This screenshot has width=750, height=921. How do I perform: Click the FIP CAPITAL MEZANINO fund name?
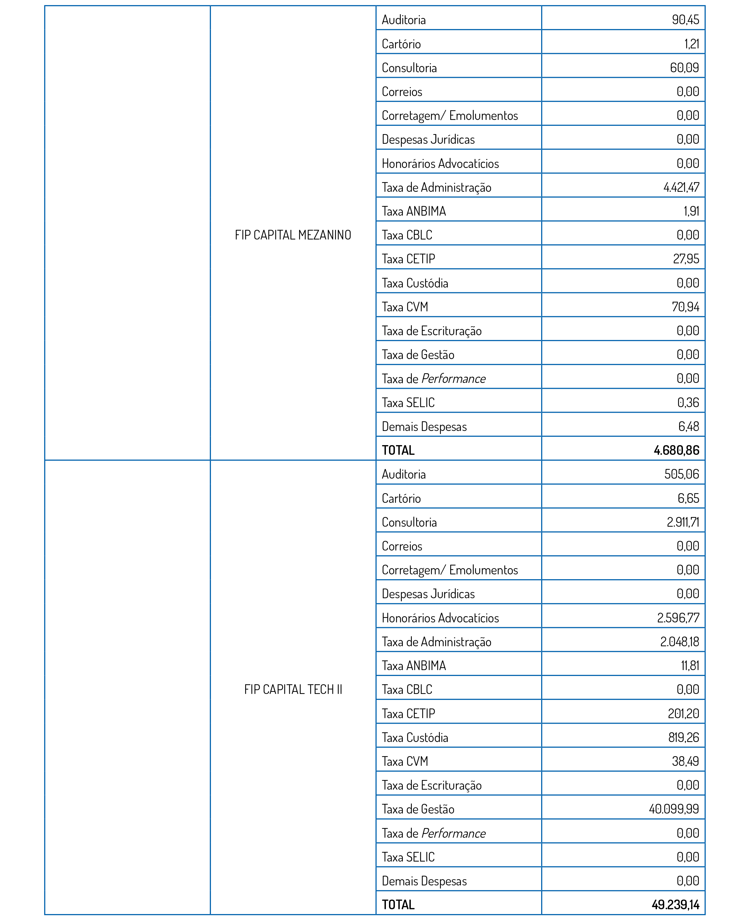point(293,235)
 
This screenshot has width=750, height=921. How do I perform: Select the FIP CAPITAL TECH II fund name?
point(293,689)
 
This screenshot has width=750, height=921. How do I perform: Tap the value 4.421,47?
point(681,187)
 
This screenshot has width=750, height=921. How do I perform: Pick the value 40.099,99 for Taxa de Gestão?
point(674,809)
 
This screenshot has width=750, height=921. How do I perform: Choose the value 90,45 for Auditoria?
point(685,19)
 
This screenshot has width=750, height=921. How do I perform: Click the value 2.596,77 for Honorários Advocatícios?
point(678,618)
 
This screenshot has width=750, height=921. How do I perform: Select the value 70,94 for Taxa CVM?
point(685,307)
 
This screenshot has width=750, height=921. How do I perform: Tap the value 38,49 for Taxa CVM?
point(685,761)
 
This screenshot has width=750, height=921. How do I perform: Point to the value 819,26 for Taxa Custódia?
point(684,737)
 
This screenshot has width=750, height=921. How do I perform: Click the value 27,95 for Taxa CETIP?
point(686,259)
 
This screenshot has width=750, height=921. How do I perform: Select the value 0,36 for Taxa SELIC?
point(688,402)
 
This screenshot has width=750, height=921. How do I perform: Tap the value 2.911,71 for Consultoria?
point(683,522)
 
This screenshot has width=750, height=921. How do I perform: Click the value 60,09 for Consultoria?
point(684,67)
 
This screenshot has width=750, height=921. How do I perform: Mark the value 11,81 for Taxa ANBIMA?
point(689,665)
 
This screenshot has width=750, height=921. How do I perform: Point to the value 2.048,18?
point(679,642)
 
